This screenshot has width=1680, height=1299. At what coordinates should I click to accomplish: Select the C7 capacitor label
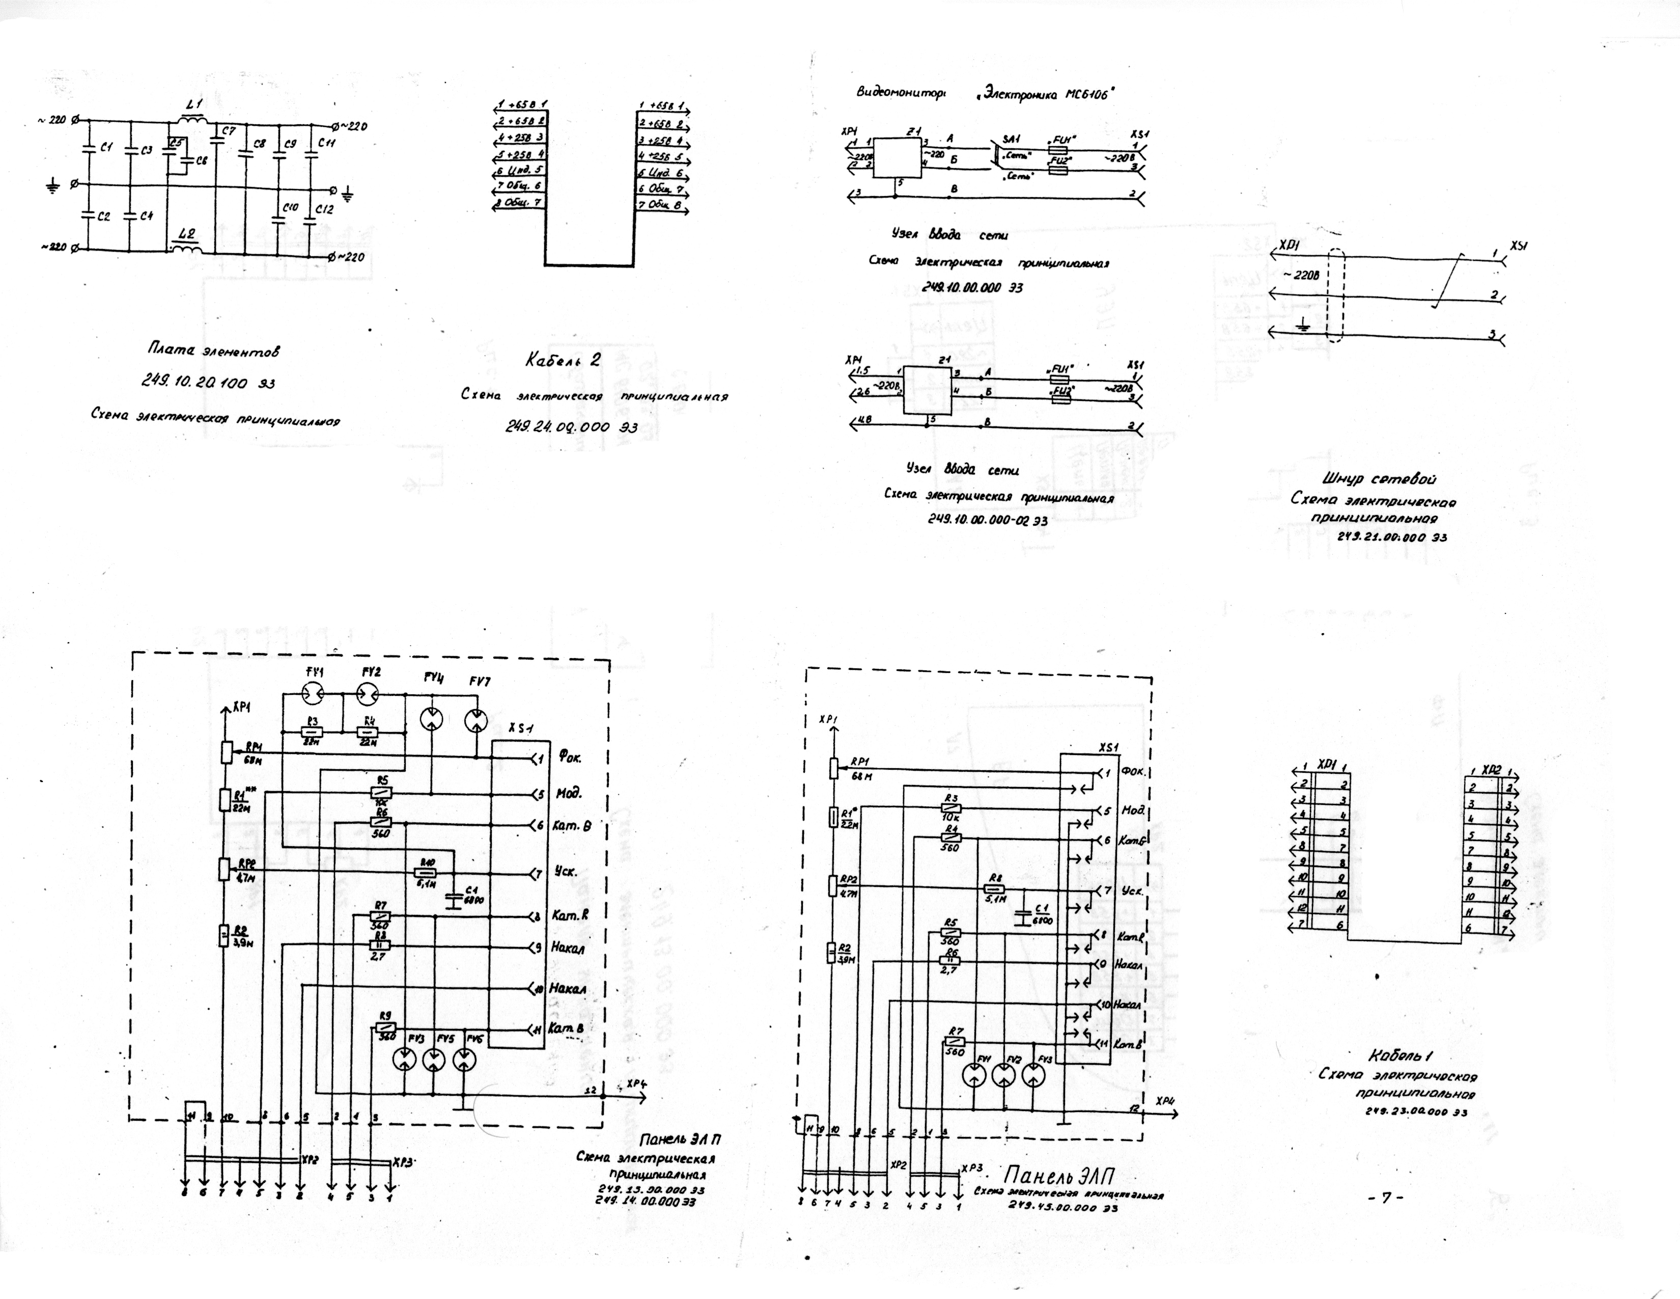pos(228,131)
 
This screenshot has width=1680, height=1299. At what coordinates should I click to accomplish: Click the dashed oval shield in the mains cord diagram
pos(1336,295)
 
